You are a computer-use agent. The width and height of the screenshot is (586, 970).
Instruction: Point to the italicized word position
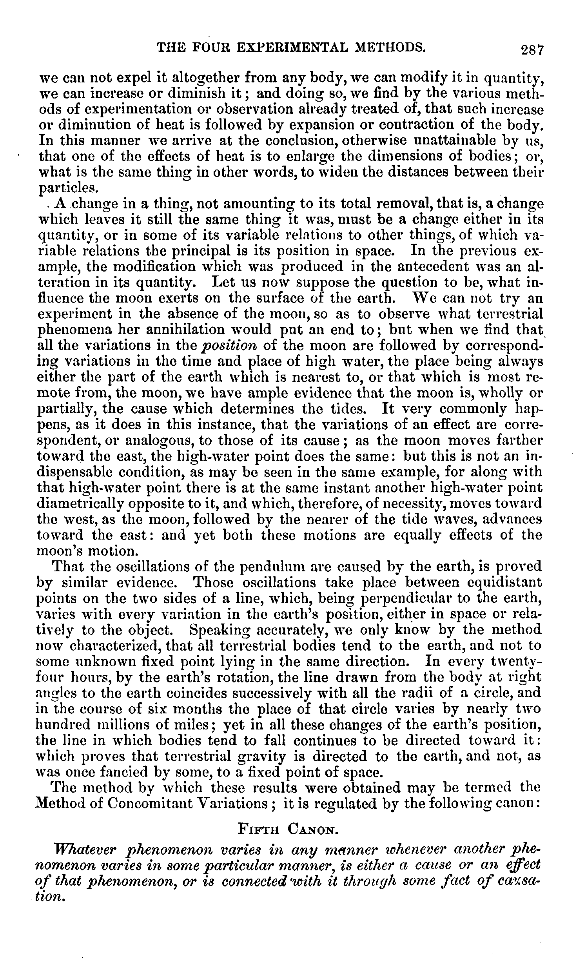(229, 345)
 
